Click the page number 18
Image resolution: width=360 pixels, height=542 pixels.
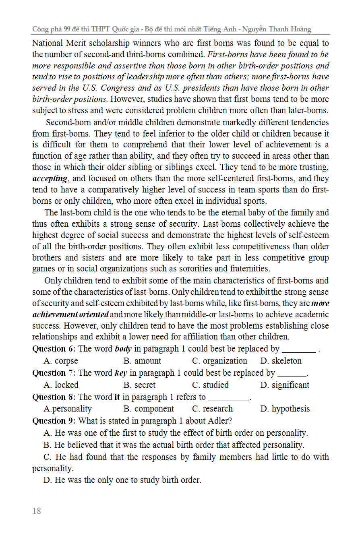37,511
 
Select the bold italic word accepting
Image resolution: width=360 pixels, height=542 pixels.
50,178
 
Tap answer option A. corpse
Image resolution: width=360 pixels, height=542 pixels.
61,361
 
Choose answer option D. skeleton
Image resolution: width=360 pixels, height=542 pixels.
281,361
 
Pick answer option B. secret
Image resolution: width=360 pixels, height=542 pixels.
139,385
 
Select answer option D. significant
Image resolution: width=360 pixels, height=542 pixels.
285,385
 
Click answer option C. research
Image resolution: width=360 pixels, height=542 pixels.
212,409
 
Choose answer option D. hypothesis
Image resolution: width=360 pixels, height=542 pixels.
285,409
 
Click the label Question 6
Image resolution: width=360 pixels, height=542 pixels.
54,349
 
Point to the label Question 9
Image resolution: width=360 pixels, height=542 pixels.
54,421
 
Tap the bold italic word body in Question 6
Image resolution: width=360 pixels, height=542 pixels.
123,349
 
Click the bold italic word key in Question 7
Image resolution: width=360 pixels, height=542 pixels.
121,373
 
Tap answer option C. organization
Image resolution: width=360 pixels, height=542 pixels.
219,361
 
